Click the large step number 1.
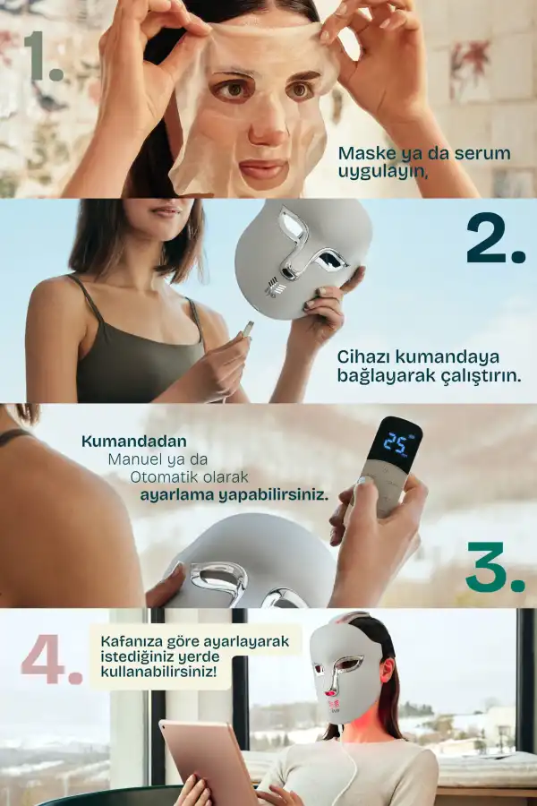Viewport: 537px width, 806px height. (44, 56)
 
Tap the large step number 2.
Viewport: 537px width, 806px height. (496, 238)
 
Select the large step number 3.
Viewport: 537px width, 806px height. (495, 567)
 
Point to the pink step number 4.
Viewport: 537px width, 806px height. (51, 659)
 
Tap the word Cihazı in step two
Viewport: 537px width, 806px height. (362, 356)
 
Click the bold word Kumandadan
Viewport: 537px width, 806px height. (134, 441)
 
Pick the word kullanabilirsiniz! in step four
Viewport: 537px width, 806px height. (158, 672)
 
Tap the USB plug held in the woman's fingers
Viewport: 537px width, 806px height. (248, 329)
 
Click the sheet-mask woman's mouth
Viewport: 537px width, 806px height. (262, 168)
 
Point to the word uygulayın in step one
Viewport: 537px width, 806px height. (383, 172)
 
